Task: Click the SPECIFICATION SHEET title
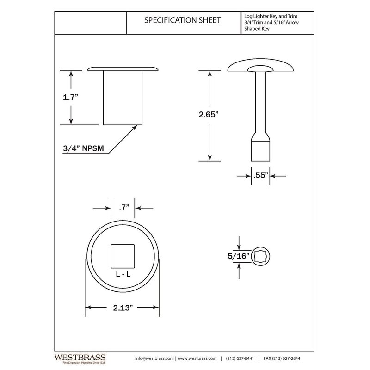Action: pyautogui.click(x=182, y=20)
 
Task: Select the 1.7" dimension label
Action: pyautogui.click(x=70, y=97)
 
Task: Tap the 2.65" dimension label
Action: pyautogui.click(x=209, y=114)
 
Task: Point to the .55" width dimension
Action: pyautogui.click(x=261, y=176)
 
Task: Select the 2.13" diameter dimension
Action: pyautogui.click(x=123, y=308)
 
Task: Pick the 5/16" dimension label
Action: pyautogui.click(x=238, y=256)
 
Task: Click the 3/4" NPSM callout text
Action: pyautogui.click(x=83, y=148)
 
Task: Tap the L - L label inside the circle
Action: pyautogui.click(x=123, y=274)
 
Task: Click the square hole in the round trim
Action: pyautogui.click(x=123, y=256)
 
